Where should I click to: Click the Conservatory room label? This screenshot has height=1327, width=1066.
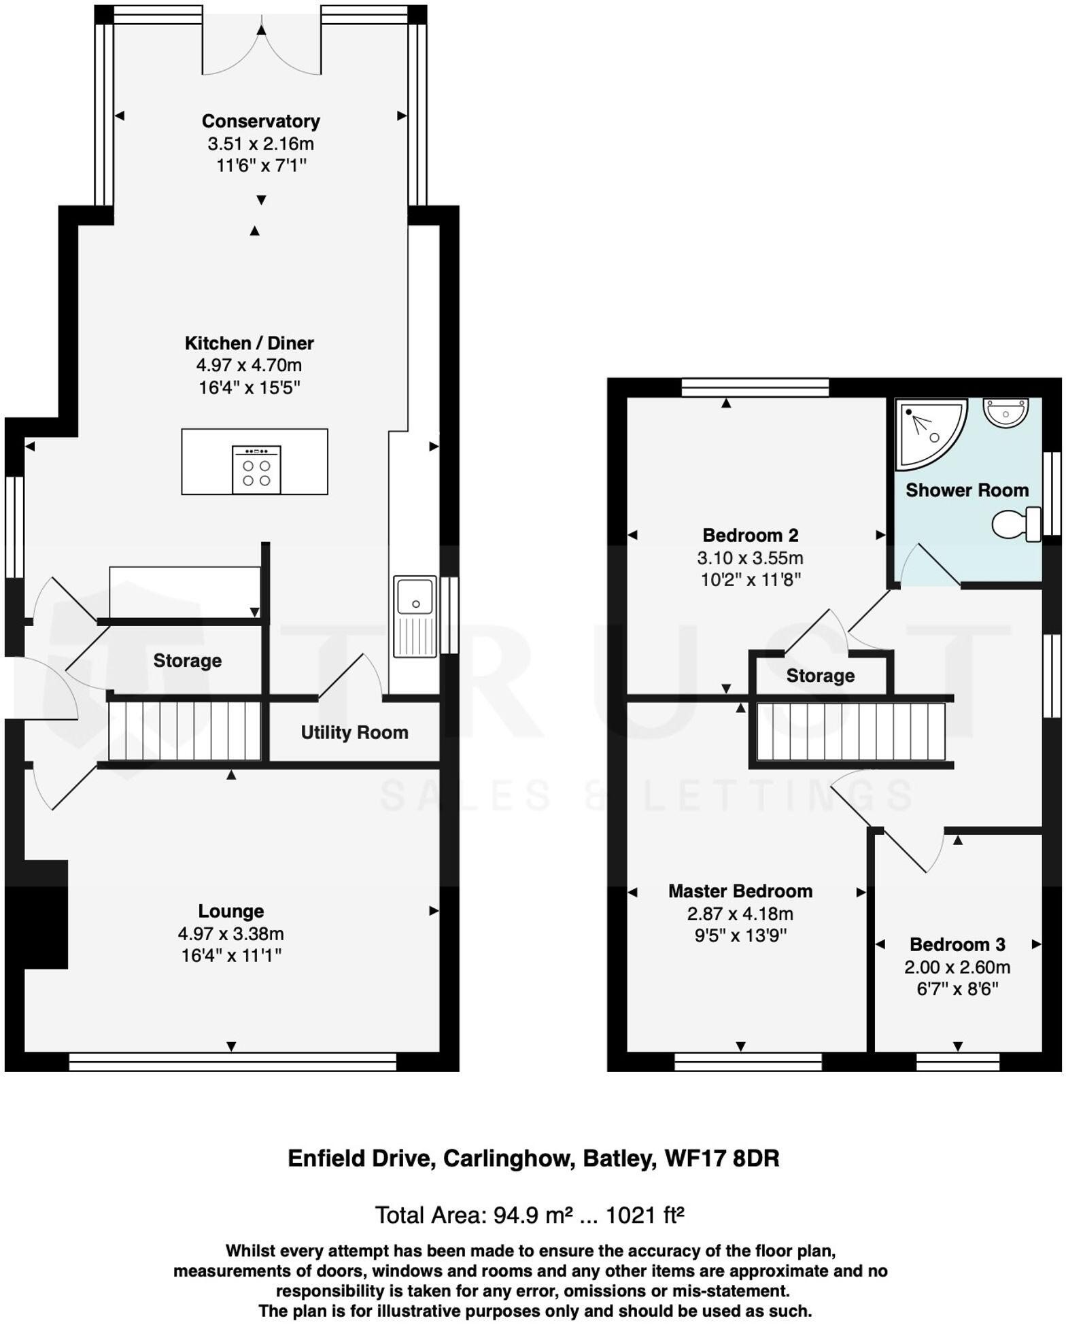click(x=260, y=121)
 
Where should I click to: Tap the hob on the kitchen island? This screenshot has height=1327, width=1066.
click(x=256, y=469)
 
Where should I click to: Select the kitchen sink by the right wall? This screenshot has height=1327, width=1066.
click(x=414, y=617)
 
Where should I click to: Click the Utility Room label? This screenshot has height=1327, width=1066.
click(x=354, y=732)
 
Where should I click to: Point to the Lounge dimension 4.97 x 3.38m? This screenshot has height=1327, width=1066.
click(x=230, y=933)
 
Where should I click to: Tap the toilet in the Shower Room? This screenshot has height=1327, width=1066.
click(x=1016, y=524)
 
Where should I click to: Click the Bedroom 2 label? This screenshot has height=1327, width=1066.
click(x=750, y=535)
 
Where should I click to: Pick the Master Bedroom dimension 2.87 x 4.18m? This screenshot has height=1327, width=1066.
click(x=740, y=914)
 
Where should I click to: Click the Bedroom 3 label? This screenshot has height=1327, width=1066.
click(x=957, y=944)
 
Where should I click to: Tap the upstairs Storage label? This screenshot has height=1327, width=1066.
click(x=820, y=676)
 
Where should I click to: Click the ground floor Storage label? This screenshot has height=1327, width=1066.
click(x=187, y=661)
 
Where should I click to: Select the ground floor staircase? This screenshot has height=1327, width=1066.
click(x=184, y=731)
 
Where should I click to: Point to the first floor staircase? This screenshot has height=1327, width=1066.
click(x=851, y=731)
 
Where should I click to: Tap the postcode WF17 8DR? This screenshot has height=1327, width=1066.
click(x=721, y=1158)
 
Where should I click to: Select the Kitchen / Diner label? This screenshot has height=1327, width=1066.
click(x=249, y=343)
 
